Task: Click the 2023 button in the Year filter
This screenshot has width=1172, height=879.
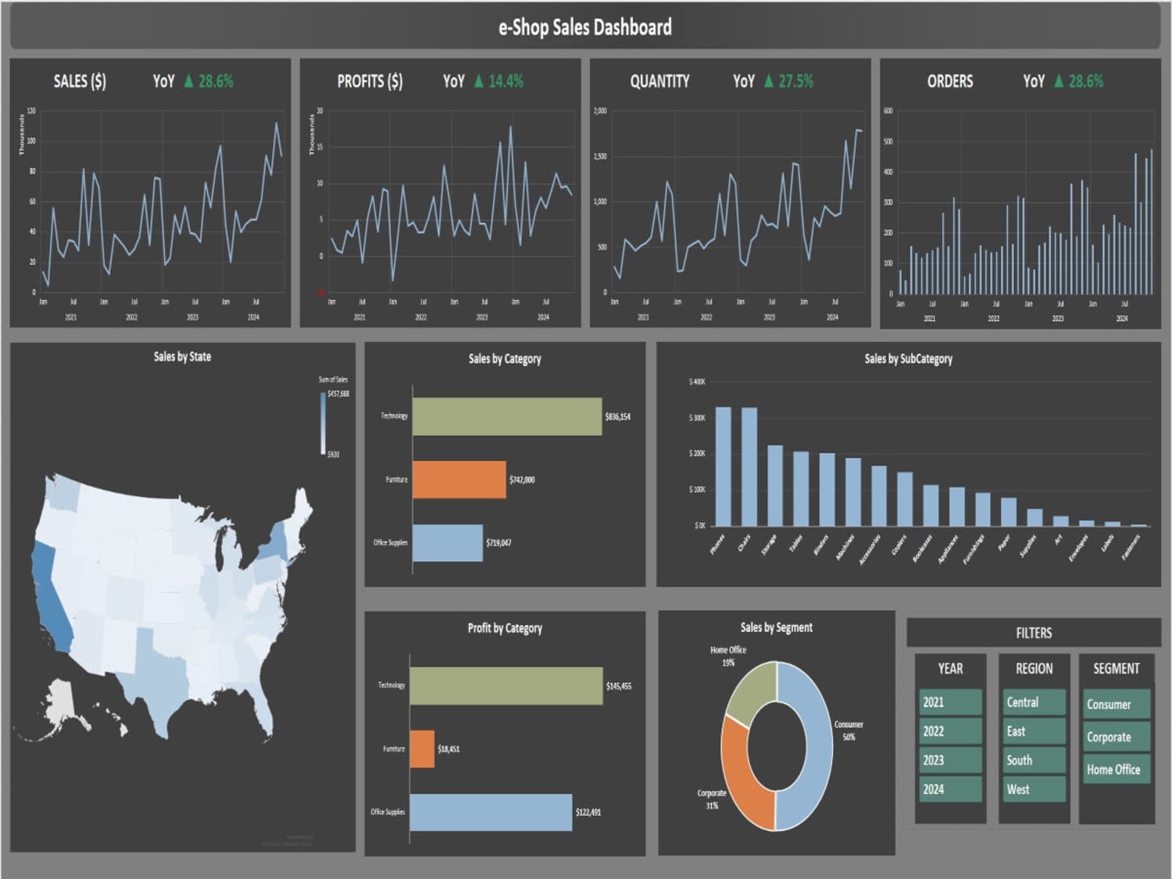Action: coord(950,760)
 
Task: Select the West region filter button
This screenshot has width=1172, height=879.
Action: coord(1033,789)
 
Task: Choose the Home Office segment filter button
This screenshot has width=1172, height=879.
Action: coord(1116,770)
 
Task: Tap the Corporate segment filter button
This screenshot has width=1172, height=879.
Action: coord(1116,737)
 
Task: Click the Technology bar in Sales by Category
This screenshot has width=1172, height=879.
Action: coord(506,416)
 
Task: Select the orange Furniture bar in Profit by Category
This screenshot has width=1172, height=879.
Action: coord(422,749)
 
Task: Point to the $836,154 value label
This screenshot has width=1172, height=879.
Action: coord(617,416)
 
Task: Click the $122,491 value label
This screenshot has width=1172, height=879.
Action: coord(588,813)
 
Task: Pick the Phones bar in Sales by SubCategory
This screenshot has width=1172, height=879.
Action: coord(724,466)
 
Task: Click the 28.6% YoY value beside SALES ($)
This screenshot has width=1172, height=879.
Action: coord(216,81)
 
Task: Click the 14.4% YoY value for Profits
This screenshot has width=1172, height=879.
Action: coord(506,81)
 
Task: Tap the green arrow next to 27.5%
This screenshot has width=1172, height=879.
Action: coord(769,81)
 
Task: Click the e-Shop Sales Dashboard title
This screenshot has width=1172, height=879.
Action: coord(585,27)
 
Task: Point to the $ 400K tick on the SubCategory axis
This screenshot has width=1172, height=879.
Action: coord(697,382)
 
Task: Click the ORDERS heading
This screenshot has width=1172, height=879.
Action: coord(950,81)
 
